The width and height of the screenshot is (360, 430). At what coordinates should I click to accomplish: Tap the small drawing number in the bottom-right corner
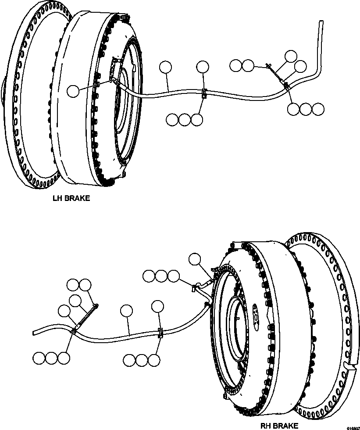(x=353, y=427)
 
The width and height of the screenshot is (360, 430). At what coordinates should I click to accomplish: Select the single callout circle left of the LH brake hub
(x=73, y=91)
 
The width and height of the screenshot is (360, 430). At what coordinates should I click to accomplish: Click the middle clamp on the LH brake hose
(x=203, y=93)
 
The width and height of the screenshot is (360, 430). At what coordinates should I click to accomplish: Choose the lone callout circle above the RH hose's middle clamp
(x=158, y=306)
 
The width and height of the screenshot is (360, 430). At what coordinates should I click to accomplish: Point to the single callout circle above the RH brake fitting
(x=195, y=259)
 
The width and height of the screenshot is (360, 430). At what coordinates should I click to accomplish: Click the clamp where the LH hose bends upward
(x=286, y=86)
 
